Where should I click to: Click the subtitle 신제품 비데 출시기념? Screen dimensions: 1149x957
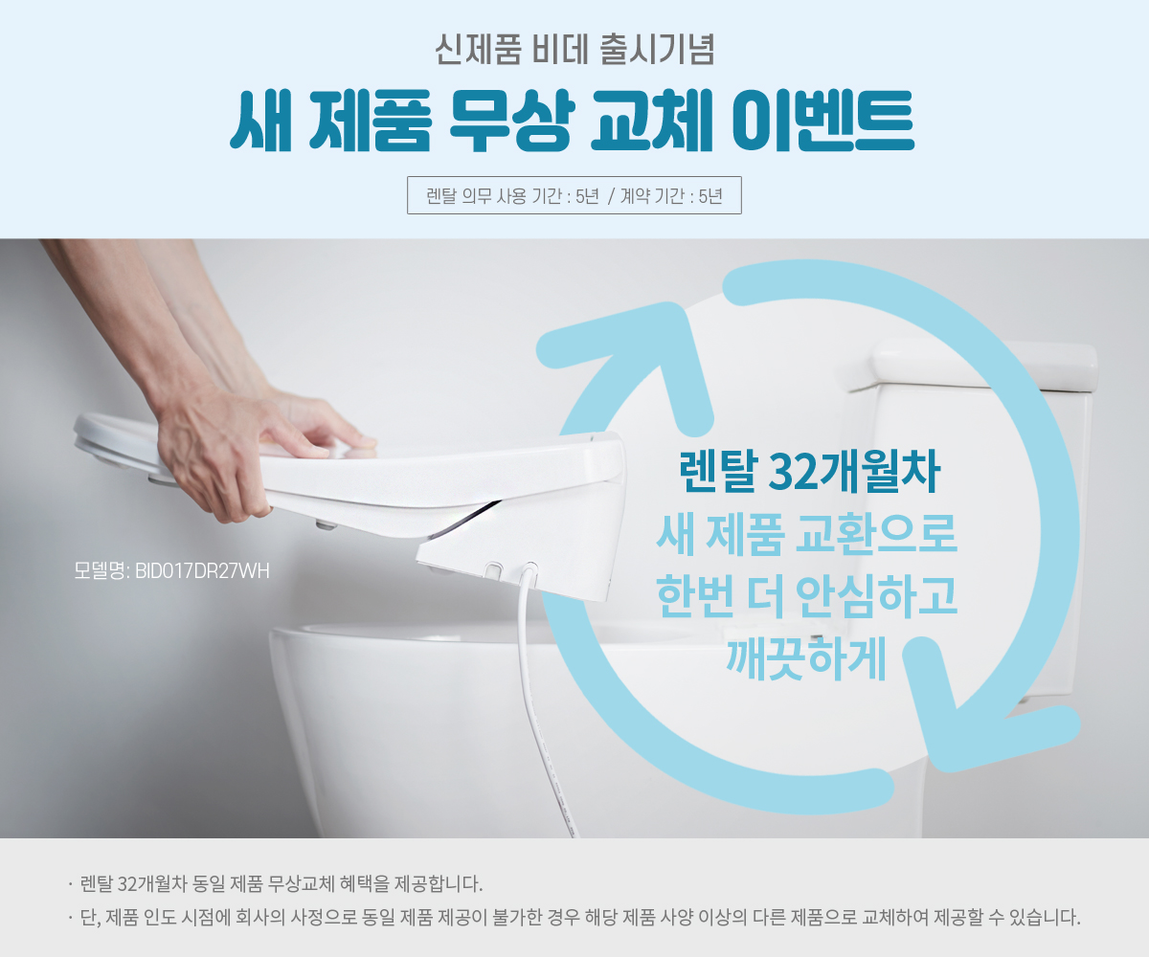(x=574, y=50)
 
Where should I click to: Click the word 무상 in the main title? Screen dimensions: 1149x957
(x=511, y=120)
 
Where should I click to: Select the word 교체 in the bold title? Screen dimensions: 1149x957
(x=651, y=120)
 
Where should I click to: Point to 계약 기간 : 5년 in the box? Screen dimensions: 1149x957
(x=671, y=196)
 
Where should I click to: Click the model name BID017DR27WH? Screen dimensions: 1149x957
(x=202, y=571)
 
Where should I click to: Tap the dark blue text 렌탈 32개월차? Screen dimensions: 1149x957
(x=809, y=472)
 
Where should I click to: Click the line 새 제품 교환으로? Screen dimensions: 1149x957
(x=807, y=533)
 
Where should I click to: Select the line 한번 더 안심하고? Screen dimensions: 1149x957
(x=807, y=596)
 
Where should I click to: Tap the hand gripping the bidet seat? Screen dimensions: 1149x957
(x=220, y=451)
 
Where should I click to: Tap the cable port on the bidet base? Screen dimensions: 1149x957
(x=529, y=568)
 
